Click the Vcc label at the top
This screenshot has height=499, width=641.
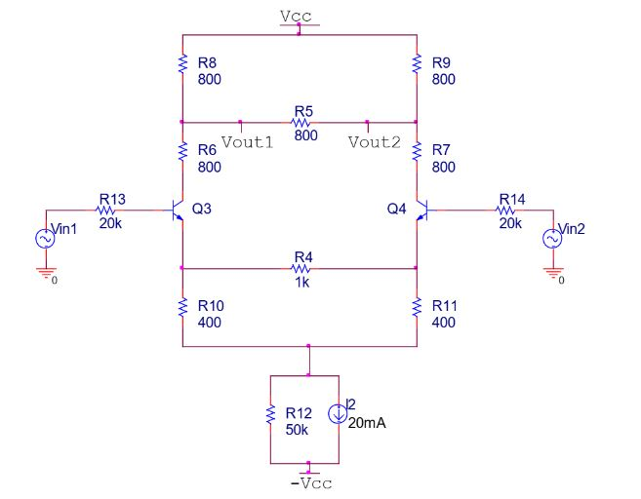pyautogui.click(x=299, y=17)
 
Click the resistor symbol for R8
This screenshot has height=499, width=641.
pyautogui.click(x=182, y=64)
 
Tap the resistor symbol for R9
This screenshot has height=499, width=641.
pyautogui.click(x=418, y=64)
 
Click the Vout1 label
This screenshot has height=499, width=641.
pyautogui.click(x=246, y=142)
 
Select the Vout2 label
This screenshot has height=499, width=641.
pyautogui.click(x=374, y=142)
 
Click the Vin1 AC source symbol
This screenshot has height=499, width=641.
pyautogui.click(x=44, y=236)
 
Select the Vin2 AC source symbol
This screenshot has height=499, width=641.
pyautogui.click(x=552, y=236)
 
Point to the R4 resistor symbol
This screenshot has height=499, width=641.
pyautogui.click(x=301, y=267)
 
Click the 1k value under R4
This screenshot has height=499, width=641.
pyautogui.click(x=301, y=282)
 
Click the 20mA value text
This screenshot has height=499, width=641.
pyautogui.click(x=367, y=424)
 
